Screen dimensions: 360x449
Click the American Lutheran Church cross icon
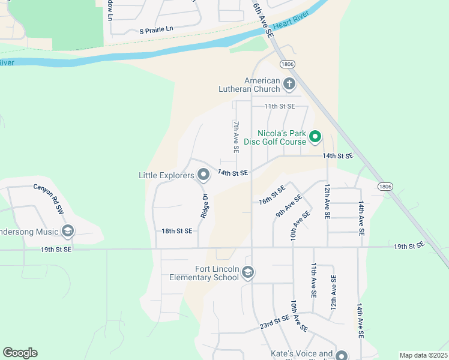click(289, 84)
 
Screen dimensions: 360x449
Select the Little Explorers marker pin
click(203, 175)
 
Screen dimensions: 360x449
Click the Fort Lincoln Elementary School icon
click(247, 274)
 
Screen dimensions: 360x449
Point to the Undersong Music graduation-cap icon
click(67, 232)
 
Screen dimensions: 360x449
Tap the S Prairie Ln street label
click(156, 30)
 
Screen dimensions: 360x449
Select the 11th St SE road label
click(280, 106)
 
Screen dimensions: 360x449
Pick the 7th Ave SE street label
click(237, 136)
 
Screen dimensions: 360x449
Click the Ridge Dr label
click(205, 205)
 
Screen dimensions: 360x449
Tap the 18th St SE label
click(177, 230)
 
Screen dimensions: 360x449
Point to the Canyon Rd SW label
click(49, 199)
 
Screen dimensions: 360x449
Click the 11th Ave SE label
click(313, 280)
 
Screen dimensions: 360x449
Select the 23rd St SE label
click(274, 323)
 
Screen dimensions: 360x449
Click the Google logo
click(20, 353)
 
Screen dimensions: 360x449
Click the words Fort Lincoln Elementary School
click(204, 273)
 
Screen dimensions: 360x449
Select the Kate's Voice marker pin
click(342, 356)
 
